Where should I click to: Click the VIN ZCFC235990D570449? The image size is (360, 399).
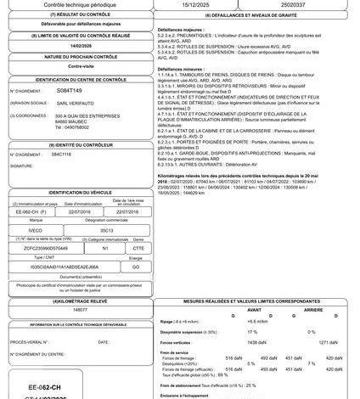(x=44, y=249)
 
